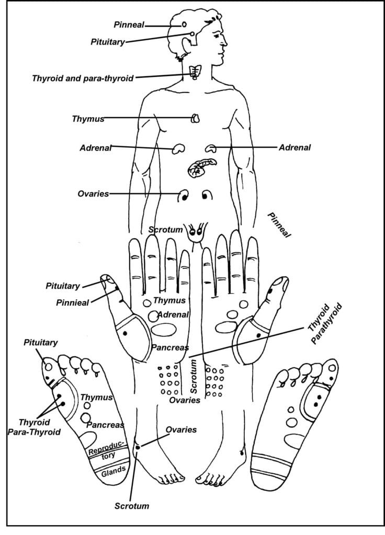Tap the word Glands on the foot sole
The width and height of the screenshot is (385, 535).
click(x=113, y=471)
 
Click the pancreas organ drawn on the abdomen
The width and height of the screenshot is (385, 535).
click(x=200, y=168)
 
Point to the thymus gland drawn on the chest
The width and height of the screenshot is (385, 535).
click(x=196, y=119)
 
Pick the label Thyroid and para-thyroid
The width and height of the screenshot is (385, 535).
click(x=83, y=78)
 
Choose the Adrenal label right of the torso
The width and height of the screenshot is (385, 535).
click(x=295, y=148)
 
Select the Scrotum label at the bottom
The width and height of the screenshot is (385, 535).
click(x=132, y=506)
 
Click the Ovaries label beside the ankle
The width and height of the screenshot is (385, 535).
click(x=181, y=430)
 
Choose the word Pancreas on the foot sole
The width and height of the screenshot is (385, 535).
click(x=105, y=425)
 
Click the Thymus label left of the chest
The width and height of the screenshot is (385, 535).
click(x=88, y=119)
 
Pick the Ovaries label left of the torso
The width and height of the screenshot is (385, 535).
click(x=93, y=194)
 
